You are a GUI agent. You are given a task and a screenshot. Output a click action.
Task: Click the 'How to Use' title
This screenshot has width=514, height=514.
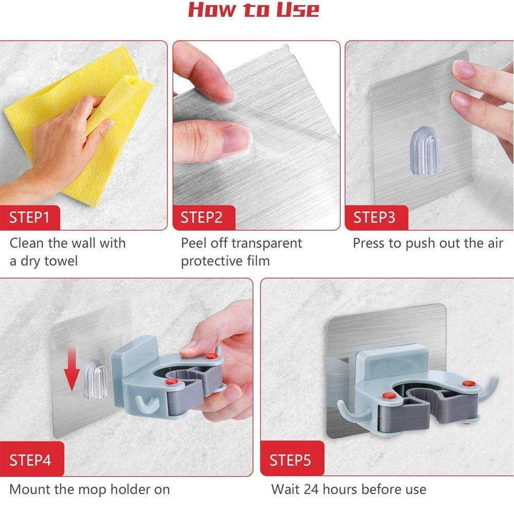(253, 10)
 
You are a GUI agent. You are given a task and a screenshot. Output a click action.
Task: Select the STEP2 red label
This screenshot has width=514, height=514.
(201, 217)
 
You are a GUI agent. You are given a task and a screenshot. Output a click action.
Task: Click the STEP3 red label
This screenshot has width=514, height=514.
(375, 217)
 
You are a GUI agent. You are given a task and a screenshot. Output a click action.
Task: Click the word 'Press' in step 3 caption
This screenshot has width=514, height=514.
(369, 243)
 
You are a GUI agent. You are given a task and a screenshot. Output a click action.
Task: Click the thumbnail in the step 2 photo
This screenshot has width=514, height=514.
(236, 138)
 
